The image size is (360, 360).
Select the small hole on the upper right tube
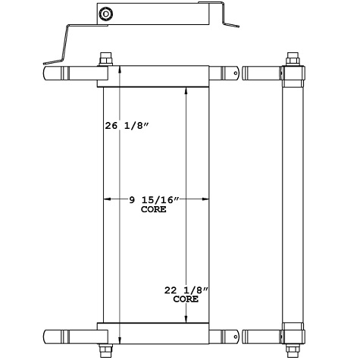pos(236,74)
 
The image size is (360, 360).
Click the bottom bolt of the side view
pos(293,347)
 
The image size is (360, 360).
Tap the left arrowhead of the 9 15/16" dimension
pos(107,199)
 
